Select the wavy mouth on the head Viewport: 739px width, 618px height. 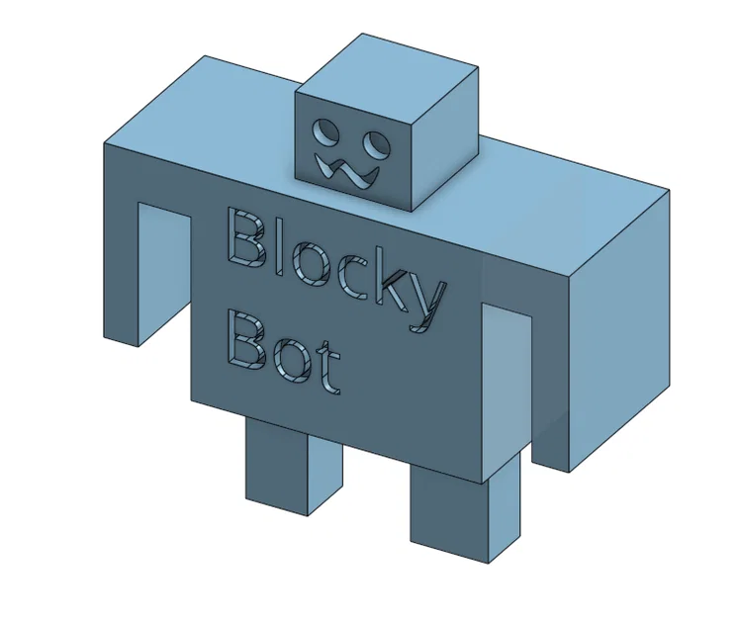click(346, 173)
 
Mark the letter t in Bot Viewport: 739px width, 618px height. click(328, 370)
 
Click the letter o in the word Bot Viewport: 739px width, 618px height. click(293, 362)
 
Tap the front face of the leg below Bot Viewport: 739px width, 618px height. click(275, 465)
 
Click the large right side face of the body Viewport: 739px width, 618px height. click(618, 326)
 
